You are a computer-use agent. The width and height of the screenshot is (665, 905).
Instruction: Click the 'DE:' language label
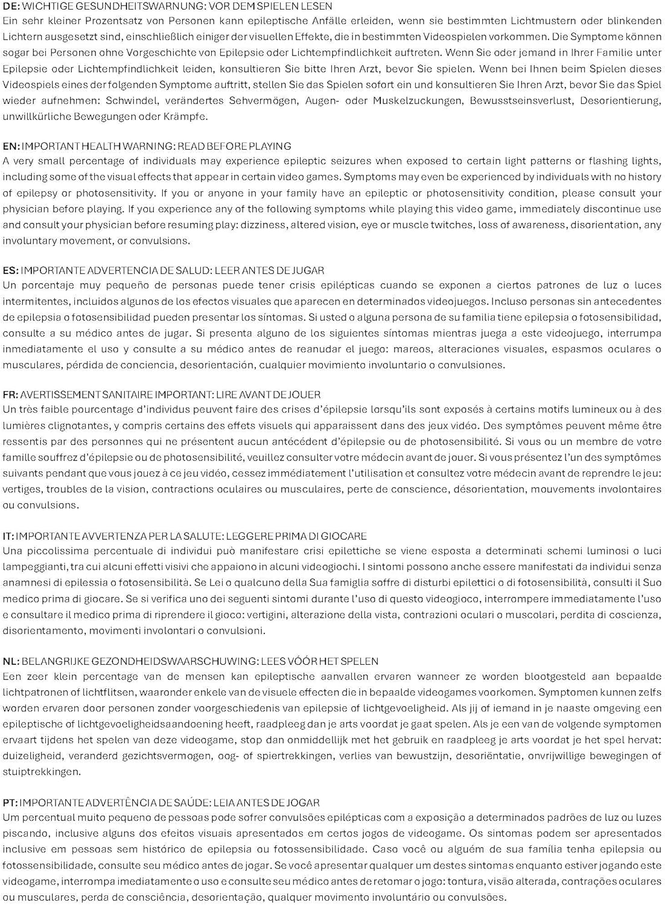point(10,7)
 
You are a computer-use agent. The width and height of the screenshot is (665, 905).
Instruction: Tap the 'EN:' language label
point(10,146)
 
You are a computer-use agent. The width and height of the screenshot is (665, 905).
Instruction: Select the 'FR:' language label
point(10,395)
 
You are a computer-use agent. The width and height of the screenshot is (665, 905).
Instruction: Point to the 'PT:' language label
point(10,802)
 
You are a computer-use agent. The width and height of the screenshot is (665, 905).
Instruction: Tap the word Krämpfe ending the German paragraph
point(186,116)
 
